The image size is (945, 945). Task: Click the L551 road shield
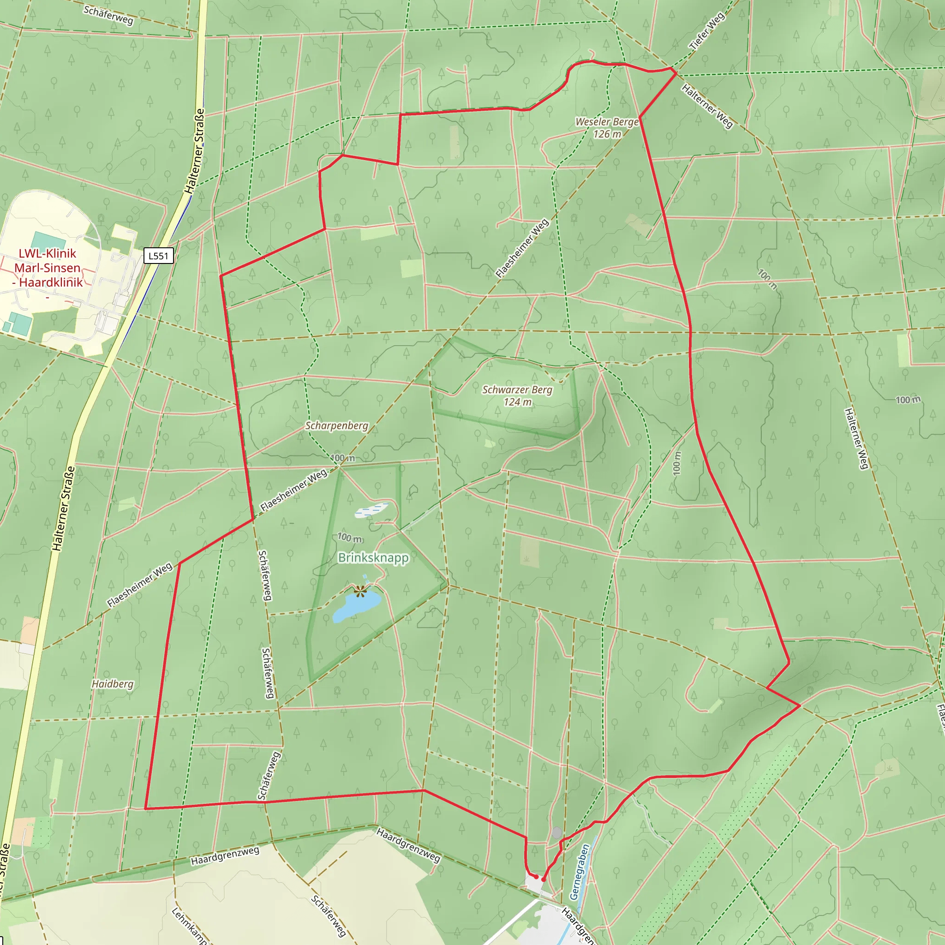[158, 256]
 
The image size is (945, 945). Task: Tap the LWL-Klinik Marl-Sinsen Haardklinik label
[48, 268]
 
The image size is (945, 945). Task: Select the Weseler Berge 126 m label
[607, 128]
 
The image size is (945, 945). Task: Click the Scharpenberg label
[336, 425]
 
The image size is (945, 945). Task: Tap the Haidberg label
[113, 684]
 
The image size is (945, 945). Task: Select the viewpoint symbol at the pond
[360, 592]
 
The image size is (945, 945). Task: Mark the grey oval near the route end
[556, 832]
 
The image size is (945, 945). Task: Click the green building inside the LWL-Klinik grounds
[48, 240]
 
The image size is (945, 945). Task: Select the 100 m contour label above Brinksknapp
[350, 538]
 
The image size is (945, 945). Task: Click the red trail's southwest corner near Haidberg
[145, 808]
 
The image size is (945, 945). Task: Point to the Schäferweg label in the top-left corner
[108, 15]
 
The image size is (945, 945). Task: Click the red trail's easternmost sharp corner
[799, 706]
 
